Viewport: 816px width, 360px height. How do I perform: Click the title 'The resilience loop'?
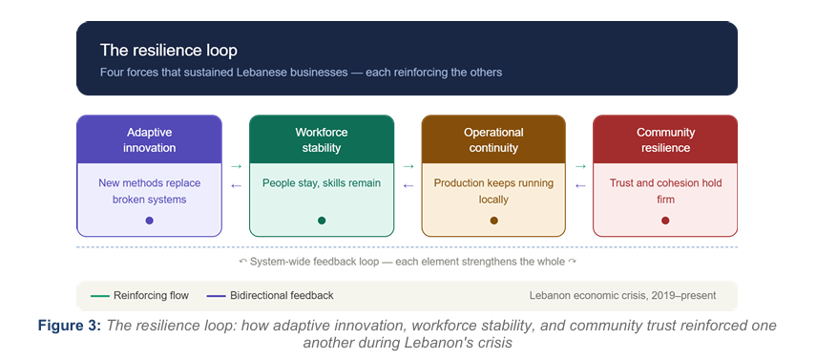(x=169, y=51)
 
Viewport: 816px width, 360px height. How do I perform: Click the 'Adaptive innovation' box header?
(x=149, y=139)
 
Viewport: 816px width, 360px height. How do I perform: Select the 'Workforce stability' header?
(x=322, y=139)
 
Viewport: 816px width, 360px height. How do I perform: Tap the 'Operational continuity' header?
(x=493, y=139)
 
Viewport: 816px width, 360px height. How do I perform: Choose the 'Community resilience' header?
(x=665, y=139)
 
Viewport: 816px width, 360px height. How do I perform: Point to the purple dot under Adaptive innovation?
(x=149, y=221)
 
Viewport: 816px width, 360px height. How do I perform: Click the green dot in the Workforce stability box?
(x=322, y=221)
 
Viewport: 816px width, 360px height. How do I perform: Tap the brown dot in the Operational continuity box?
(x=493, y=221)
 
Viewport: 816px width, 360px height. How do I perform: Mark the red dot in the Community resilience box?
(x=665, y=221)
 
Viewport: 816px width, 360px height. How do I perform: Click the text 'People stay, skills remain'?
(x=322, y=183)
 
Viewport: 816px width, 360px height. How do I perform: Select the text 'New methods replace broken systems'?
(x=149, y=191)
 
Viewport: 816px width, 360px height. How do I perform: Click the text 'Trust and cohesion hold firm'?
(x=665, y=191)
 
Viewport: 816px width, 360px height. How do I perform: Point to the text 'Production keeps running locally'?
(x=493, y=191)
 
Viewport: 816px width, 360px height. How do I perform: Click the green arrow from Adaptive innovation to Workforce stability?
(x=237, y=166)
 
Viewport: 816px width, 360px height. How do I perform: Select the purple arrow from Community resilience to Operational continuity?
(x=580, y=185)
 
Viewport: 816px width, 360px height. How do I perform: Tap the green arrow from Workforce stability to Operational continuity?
(x=408, y=166)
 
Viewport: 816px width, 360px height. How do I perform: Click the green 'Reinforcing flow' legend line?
(x=99, y=296)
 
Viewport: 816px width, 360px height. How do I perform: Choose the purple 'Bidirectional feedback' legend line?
(x=216, y=296)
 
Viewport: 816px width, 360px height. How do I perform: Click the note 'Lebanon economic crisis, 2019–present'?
(x=622, y=295)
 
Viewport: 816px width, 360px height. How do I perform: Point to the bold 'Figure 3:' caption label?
(x=70, y=326)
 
